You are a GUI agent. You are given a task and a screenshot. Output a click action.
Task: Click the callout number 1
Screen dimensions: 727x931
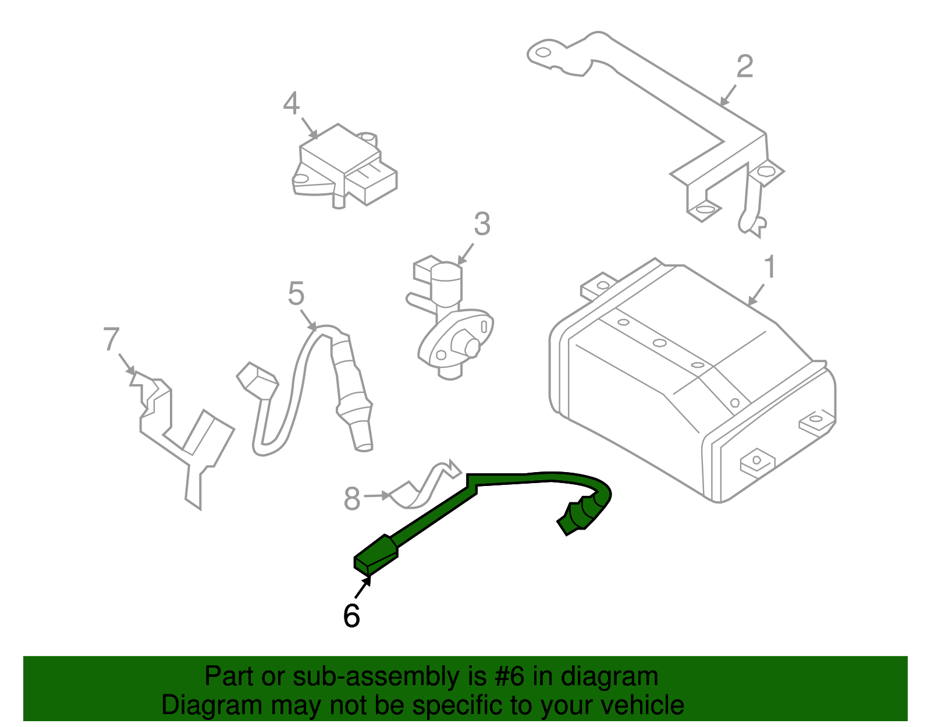coord(769,267)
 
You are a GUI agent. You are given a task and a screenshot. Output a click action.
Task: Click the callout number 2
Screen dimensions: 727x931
coord(744,66)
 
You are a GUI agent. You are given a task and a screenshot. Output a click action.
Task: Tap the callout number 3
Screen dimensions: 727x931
coord(482,224)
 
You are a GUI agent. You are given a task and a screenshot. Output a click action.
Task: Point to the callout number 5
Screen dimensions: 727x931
coord(296,293)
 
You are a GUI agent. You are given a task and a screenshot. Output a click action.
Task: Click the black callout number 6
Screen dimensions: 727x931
coord(351,616)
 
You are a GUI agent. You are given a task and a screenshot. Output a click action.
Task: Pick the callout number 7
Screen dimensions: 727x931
coord(111,340)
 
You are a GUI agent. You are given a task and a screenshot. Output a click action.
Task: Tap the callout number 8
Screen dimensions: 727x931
coord(352,499)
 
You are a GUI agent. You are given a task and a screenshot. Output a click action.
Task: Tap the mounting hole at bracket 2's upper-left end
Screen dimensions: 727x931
coord(542,53)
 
